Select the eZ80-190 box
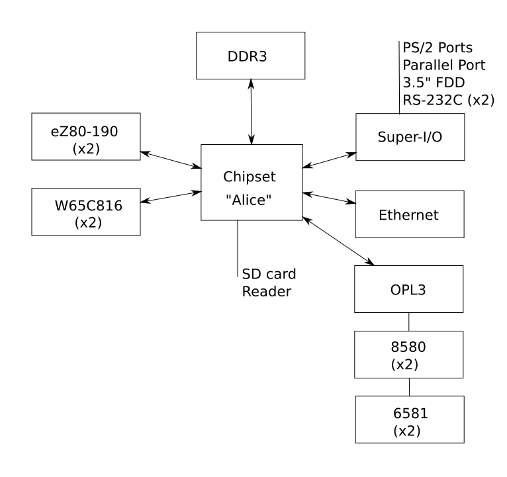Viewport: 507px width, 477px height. pyautogui.click(x=87, y=137)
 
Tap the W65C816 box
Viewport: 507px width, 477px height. pyautogui.click(x=87, y=211)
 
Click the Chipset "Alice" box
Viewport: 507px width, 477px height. pyautogui.click(x=251, y=183)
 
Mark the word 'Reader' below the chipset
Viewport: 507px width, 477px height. pyautogui.click(x=266, y=291)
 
